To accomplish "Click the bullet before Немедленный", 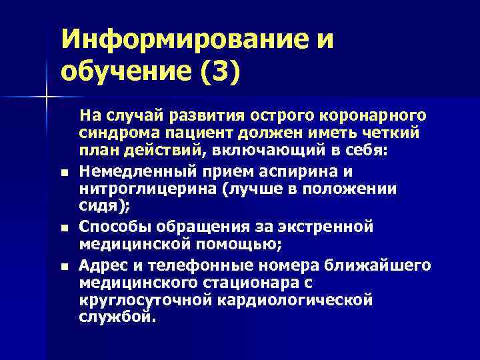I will click(63, 175).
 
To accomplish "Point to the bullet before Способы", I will click(63, 229).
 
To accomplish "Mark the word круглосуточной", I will click(145, 301).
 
